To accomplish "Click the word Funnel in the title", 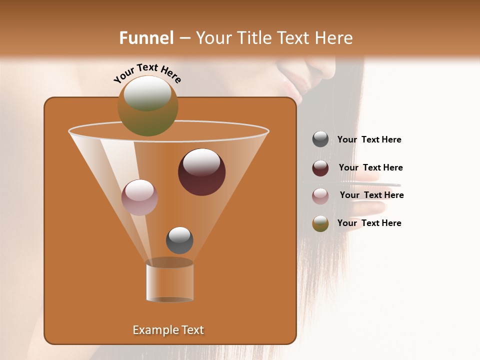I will (146, 38).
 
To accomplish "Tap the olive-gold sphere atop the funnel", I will (148, 105).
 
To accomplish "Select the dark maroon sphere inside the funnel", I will (201, 172).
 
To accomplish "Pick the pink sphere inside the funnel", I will (139, 197).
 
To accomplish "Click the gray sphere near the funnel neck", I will (179, 240).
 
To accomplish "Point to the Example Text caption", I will (168, 330).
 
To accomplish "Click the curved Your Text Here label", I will (147, 72).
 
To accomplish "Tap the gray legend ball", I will (320, 139).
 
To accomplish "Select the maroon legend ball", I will (320, 168).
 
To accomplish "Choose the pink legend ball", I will (320, 196).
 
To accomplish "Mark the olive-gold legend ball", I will (320, 223).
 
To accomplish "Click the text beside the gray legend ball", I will (369, 140).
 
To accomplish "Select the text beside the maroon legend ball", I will (370, 168).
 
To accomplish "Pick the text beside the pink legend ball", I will (371, 195).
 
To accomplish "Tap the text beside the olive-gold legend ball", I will (369, 223).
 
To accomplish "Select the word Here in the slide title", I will (333, 38).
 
